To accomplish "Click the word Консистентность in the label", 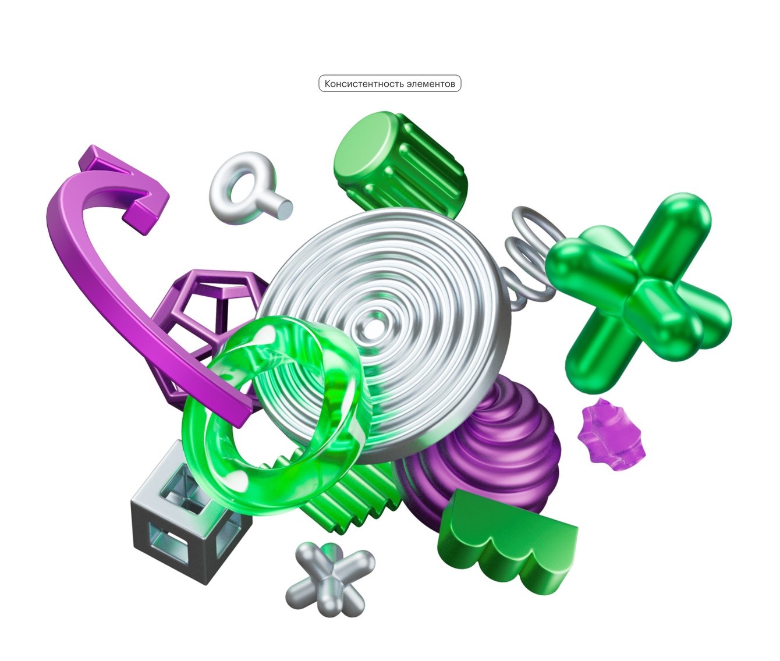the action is tap(364, 84).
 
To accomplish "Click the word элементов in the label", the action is tap(431, 84).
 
